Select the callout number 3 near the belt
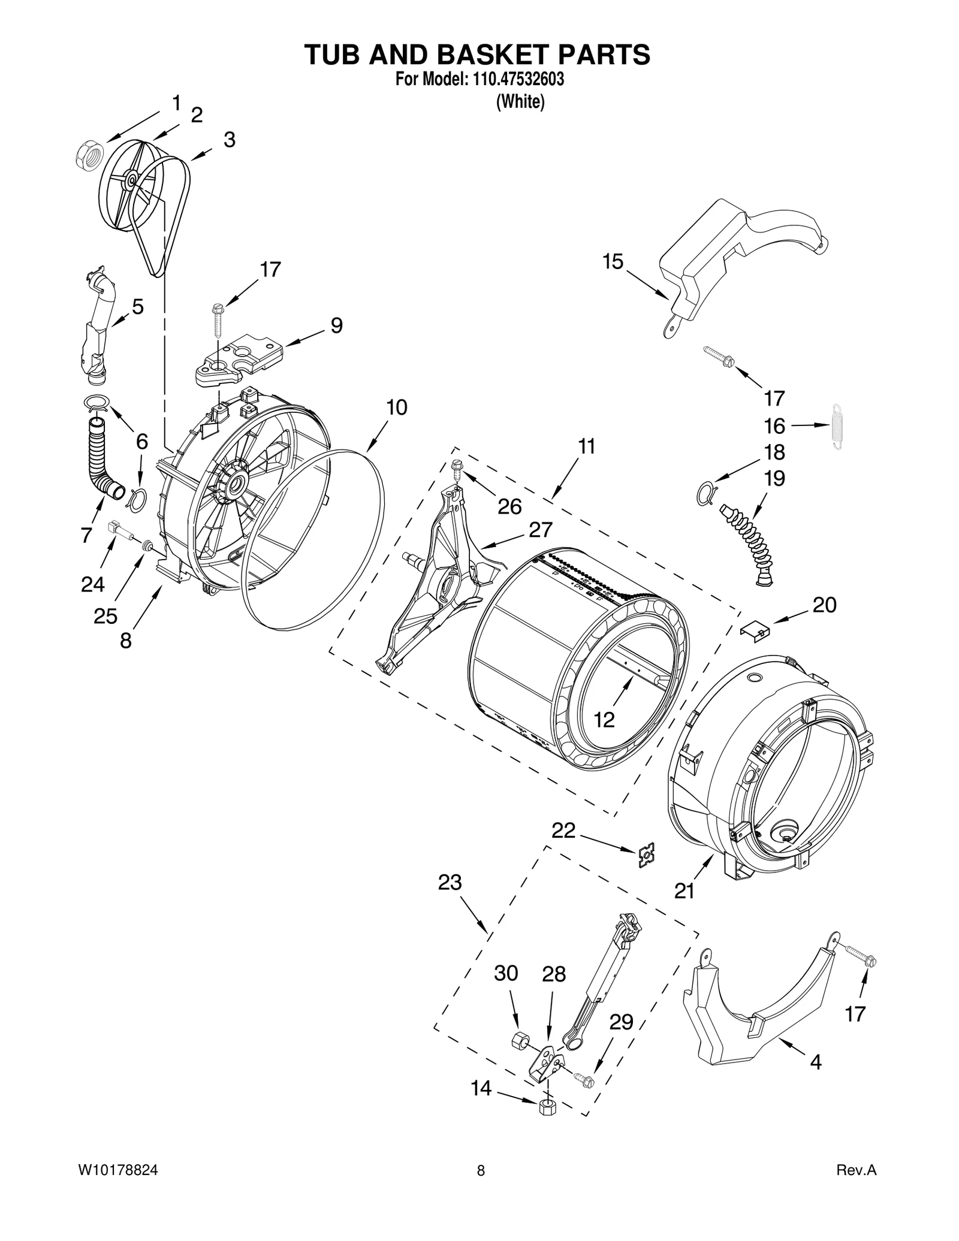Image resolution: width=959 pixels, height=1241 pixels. tap(229, 140)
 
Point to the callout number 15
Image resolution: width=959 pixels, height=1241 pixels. tap(613, 262)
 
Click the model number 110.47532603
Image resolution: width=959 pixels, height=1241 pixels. tap(514, 80)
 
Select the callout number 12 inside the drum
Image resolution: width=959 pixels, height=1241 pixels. tap(604, 719)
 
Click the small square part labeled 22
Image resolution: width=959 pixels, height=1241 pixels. tap(646, 855)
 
